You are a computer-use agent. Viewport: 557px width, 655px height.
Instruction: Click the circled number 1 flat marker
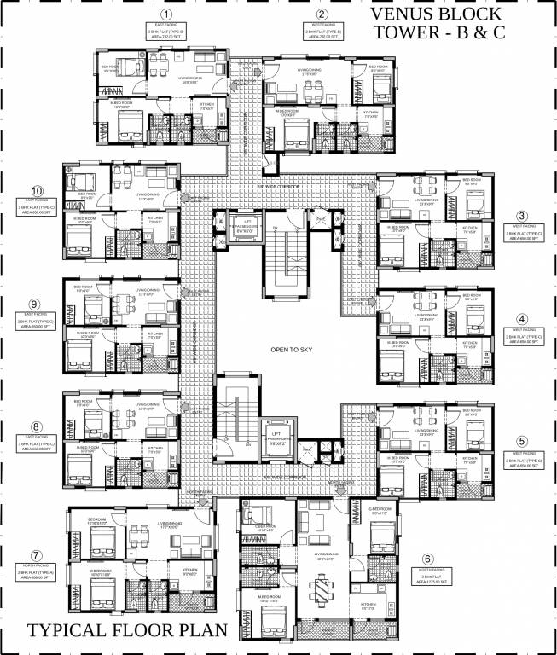pos(167,14)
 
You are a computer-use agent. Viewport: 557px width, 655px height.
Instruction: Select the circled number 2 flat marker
pos(321,14)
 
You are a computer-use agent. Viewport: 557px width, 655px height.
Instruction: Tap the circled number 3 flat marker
pos(522,216)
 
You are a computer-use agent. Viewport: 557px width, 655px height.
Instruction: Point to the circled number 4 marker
pos(522,320)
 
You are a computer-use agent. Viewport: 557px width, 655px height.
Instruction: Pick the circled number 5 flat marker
pos(522,440)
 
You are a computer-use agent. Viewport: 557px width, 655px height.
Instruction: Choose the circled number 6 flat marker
pos(428,560)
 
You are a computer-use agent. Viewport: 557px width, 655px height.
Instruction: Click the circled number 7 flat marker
pos(36,555)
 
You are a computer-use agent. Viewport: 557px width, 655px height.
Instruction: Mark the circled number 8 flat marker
pos(36,426)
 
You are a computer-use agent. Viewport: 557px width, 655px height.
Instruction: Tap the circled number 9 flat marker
pos(36,304)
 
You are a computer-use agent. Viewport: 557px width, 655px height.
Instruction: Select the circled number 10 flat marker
pos(36,191)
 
